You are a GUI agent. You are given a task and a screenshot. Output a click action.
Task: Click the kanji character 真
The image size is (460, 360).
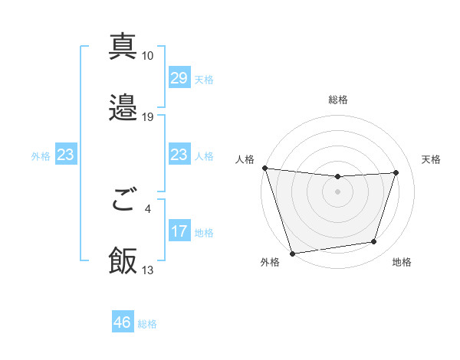[x=123, y=45]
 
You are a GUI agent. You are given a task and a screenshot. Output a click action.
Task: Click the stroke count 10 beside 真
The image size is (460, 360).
[x=147, y=55]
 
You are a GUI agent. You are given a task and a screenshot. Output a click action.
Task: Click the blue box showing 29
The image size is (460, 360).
[x=179, y=78]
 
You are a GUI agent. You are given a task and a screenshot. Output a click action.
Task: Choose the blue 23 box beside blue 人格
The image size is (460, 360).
[x=179, y=155]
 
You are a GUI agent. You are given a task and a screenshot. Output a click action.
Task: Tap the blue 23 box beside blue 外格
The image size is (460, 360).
[x=65, y=155]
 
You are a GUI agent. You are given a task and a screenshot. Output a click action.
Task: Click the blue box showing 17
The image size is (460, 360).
[x=179, y=231]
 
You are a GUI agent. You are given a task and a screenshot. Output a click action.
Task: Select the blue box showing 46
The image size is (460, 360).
[x=123, y=322]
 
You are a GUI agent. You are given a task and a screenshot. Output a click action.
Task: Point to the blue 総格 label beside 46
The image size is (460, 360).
[x=147, y=324]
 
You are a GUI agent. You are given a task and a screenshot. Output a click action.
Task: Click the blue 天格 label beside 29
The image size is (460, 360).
[x=203, y=80]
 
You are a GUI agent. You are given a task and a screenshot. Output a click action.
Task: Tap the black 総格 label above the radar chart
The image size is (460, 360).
[x=338, y=100]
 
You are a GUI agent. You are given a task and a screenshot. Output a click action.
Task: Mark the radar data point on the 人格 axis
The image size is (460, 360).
[x=264, y=168]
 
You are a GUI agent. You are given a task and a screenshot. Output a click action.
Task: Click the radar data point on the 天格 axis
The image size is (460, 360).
[x=396, y=172]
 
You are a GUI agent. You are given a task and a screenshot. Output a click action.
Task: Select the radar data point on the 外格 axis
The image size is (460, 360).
[x=292, y=253]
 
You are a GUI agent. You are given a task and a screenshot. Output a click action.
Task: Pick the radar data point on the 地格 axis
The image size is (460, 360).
[x=374, y=242]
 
